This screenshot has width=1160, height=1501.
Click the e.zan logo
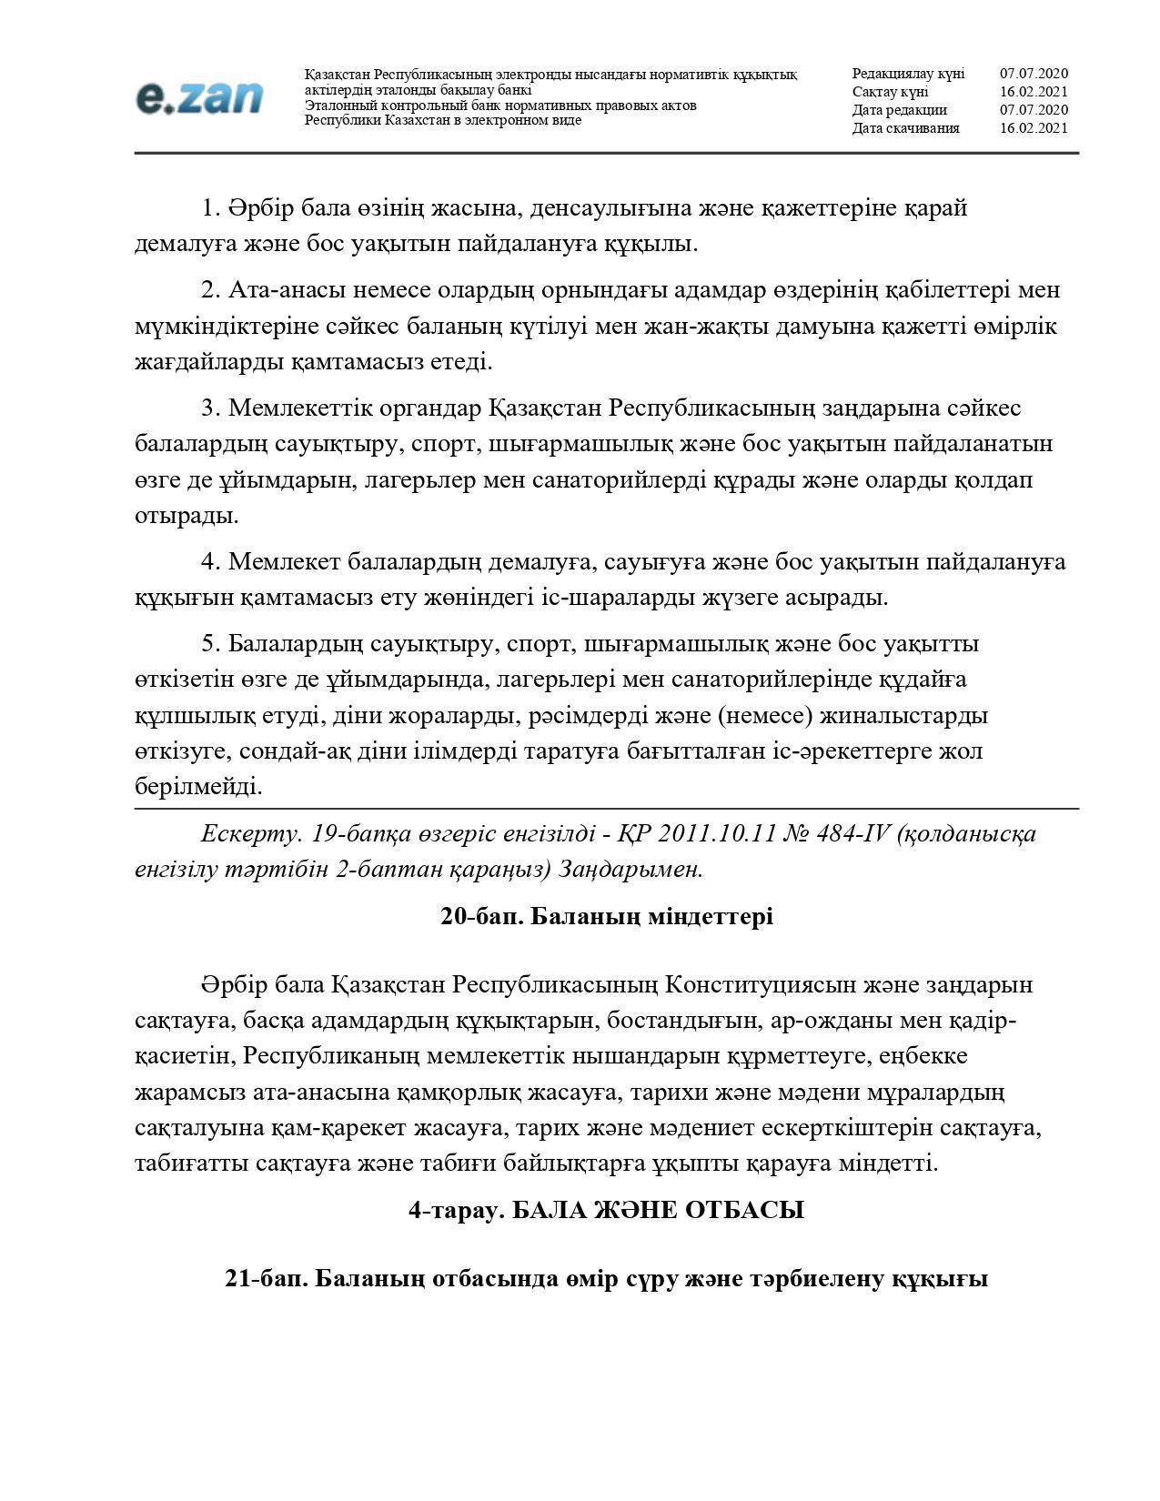(199, 98)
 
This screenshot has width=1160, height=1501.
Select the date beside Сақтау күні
(1034, 92)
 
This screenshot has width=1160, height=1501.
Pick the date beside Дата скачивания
(1034, 128)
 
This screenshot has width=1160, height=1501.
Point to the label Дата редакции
(899, 110)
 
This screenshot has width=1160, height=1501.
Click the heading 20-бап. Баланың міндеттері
(606, 916)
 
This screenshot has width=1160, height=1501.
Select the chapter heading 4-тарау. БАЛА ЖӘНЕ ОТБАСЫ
(606, 1210)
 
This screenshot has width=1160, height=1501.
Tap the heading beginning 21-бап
(606, 1278)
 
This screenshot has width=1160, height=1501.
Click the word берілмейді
(198, 787)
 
